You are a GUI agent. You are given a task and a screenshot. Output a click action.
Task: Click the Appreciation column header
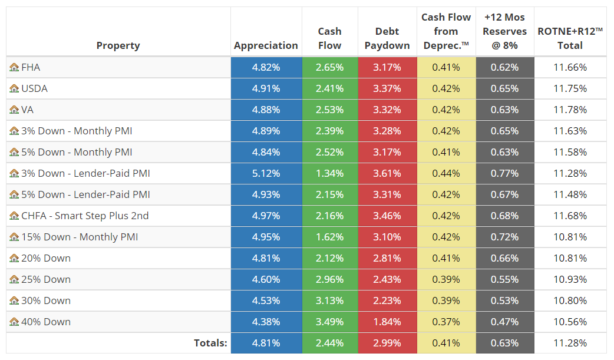266,45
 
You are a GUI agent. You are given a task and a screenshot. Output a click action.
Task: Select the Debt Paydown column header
387,38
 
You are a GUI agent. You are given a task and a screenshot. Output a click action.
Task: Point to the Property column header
118,45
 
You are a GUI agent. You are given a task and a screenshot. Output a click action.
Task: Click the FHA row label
31,67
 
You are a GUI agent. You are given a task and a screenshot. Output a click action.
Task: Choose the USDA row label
34,88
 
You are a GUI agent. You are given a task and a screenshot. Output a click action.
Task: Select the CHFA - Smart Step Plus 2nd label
85,216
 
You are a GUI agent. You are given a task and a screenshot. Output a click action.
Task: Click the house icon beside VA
14,110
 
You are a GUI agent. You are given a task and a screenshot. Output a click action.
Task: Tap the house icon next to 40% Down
14,322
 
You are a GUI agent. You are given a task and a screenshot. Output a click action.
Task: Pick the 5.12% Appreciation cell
266,173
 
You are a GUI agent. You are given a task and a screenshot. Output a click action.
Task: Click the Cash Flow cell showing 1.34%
329,173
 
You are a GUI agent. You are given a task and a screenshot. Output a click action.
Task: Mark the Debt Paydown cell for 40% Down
387,322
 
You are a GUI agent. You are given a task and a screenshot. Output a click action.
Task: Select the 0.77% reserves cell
504,173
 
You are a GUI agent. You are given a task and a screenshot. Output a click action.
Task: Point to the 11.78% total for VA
570,110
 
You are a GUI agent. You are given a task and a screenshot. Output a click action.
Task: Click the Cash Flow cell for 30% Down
329,300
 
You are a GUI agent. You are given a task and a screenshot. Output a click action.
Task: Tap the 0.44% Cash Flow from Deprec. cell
446,173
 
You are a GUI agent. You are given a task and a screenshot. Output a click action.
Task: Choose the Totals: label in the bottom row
210,343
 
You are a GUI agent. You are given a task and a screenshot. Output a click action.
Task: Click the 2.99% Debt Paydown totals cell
387,343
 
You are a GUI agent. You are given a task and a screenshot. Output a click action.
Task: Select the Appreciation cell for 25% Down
266,279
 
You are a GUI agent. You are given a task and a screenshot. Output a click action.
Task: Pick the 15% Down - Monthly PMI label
80,237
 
